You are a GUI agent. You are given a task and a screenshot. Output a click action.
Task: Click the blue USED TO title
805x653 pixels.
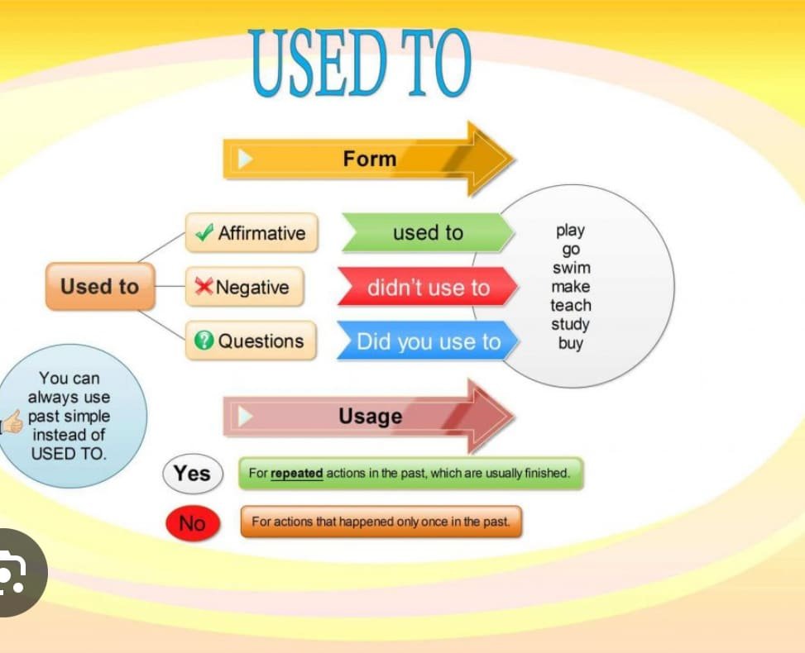pyautogui.click(x=360, y=63)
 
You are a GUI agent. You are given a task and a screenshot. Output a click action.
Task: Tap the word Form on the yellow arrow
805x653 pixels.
pyautogui.click(x=370, y=159)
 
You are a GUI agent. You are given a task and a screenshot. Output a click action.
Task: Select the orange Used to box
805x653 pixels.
pyautogui.click(x=100, y=286)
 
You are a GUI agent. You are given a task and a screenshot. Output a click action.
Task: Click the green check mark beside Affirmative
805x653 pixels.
pyautogui.click(x=204, y=233)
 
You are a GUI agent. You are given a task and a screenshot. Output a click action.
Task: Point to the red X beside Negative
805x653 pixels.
pyautogui.click(x=204, y=286)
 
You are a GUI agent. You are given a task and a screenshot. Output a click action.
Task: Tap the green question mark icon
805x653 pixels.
pyautogui.click(x=204, y=340)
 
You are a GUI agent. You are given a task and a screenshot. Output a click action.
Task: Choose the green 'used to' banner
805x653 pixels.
pyautogui.click(x=429, y=232)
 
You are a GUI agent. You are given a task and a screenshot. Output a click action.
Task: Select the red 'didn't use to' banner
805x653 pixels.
pyautogui.click(x=429, y=287)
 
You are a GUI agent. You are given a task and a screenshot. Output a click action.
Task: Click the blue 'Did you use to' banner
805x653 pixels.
pyautogui.click(x=429, y=341)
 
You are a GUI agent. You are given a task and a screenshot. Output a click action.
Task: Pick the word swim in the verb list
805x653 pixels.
pyautogui.click(x=572, y=268)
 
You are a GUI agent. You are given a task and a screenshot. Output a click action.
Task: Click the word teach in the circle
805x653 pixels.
pyautogui.click(x=571, y=305)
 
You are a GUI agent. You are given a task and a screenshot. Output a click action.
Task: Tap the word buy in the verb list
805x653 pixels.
pyautogui.click(x=571, y=343)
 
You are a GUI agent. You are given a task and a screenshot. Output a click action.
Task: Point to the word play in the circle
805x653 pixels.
pyautogui.click(x=570, y=231)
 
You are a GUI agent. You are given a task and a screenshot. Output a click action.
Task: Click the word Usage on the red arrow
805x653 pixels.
pyautogui.click(x=370, y=416)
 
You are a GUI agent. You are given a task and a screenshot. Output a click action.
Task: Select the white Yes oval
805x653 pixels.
pyautogui.click(x=193, y=474)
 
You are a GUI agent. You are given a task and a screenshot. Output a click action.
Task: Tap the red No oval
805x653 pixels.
pyautogui.click(x=193, y=523)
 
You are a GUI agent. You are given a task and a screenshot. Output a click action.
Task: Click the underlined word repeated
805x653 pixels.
pyautogui.click(x=297, y=473)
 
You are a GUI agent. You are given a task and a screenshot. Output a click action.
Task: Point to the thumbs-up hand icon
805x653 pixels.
pyautogui.click(x=12, y=422)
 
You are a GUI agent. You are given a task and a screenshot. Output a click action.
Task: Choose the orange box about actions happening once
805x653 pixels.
pyautogui.click(x=381, y=522)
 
